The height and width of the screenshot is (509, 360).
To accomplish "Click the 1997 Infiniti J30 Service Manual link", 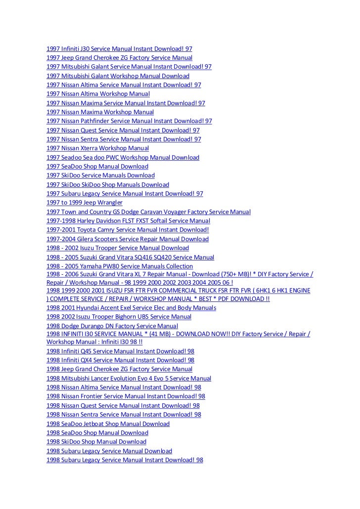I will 119,49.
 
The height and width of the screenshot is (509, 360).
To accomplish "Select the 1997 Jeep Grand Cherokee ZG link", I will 119,58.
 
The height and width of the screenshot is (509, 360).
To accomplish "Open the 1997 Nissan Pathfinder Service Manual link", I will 129,121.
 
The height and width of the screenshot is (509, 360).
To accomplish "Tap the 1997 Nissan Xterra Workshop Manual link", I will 98,148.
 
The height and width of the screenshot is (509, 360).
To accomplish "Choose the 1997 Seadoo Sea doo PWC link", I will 123,158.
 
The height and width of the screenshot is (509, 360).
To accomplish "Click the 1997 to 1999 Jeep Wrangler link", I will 85,203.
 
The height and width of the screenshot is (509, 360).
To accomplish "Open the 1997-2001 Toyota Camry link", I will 128,230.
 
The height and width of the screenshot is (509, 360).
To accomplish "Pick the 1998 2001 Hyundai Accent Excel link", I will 131,307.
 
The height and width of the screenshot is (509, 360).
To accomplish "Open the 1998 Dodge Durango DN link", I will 112,326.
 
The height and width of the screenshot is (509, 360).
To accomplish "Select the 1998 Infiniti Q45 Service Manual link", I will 120,351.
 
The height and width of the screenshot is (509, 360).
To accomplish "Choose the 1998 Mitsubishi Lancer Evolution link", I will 129,379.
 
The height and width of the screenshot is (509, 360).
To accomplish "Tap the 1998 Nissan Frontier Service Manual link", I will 126,396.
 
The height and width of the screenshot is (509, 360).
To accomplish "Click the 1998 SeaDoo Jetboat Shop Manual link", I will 108,424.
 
